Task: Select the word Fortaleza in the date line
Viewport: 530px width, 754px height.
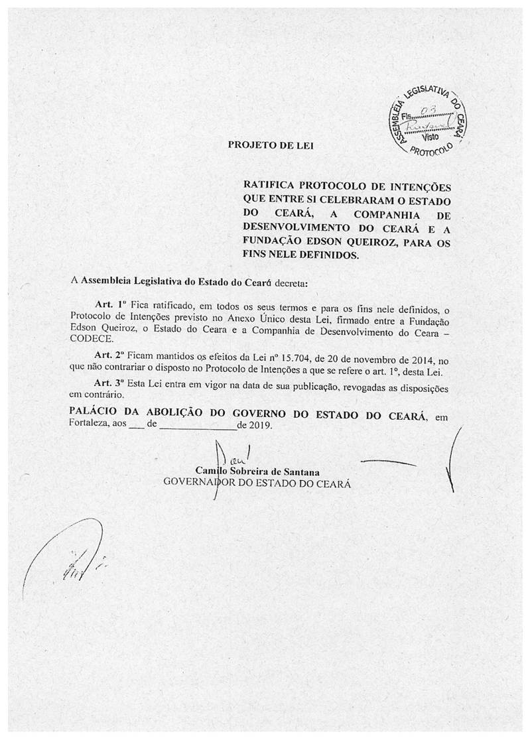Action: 91,426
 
